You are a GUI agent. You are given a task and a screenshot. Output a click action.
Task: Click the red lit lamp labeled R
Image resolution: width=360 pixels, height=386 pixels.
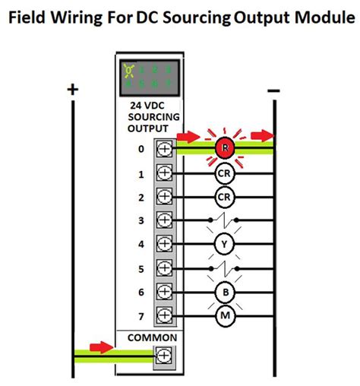(224, 148)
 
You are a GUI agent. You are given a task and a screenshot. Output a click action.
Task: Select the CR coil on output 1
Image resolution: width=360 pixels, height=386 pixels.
(224, 172)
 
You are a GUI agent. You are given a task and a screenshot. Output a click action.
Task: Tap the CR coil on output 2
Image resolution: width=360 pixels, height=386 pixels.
(224, 196)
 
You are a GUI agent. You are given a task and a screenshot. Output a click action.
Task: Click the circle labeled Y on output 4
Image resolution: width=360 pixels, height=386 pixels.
(224, 244)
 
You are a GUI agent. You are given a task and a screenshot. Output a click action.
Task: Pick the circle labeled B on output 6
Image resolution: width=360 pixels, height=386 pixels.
(224, 291)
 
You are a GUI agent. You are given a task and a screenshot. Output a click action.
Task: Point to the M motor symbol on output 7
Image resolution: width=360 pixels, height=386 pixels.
(224, 315)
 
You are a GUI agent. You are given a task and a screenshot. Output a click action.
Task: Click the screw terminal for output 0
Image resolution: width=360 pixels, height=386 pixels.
(163, 149)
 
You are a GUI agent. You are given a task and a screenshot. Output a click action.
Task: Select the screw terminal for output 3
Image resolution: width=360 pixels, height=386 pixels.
(163, 220)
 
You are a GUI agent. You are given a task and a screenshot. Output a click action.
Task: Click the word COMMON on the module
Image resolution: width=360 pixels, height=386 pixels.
(152, 337)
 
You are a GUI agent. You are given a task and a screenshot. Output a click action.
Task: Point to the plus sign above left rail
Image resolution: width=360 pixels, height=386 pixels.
(73, 90)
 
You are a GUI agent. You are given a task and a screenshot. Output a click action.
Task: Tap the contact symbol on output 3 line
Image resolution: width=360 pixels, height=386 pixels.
(224, 220)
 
